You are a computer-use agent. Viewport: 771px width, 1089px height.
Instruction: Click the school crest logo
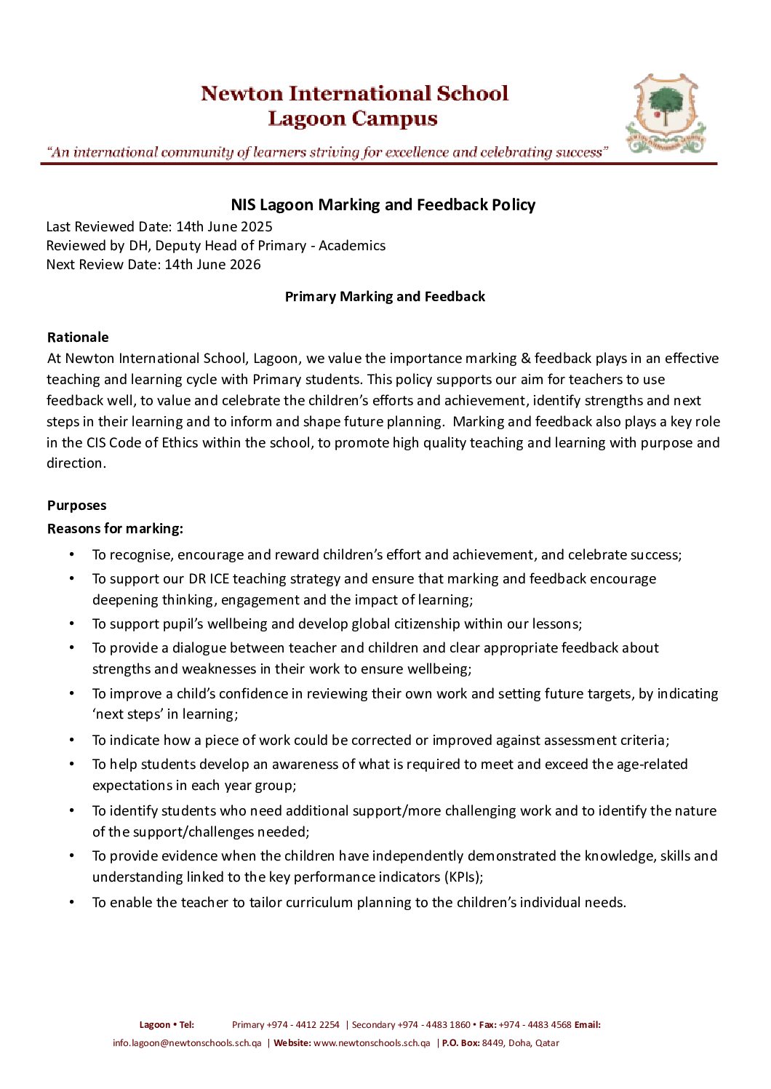[x=666, y=113]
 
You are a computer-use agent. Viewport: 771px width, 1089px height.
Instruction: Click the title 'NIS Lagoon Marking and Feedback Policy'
[x=383, y=205]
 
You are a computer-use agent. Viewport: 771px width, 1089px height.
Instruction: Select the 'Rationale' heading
[x=78, y=338]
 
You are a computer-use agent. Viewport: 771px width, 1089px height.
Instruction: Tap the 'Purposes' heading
[x=76, y=506]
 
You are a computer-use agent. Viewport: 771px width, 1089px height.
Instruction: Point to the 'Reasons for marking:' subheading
[x=115, y=529]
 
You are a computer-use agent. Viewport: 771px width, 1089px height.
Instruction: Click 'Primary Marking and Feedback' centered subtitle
[x=385, y=297]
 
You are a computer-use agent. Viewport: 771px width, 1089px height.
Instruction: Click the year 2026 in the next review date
[x=245, y=265]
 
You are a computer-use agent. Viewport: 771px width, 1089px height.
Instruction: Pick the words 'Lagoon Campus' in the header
[x=353, y=119]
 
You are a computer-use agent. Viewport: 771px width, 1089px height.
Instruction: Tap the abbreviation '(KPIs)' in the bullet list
[x=463, y=877]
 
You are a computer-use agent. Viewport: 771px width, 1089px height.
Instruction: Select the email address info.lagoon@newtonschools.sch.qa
[x=187, y=1043]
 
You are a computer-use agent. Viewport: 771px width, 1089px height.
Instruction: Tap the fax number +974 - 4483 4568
[x=535, y=1025]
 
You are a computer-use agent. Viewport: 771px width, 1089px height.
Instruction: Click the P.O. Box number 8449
[x=493, y=1043]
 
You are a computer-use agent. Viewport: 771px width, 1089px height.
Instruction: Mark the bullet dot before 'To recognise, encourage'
[x=72, y=555]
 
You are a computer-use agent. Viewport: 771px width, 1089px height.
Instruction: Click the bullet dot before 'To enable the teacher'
[x=72, y=903]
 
